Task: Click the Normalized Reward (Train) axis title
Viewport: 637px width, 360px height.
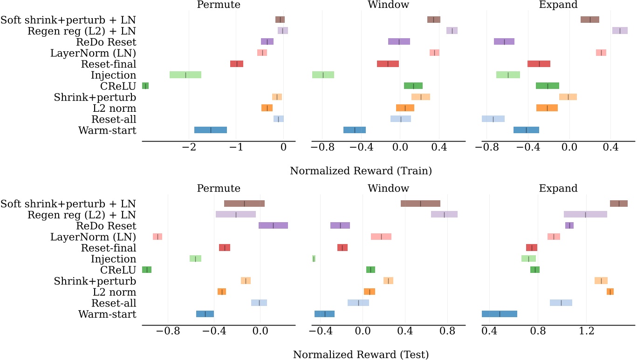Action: tap(361, 171)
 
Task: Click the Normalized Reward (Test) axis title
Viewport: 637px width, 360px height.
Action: tap(361, 354)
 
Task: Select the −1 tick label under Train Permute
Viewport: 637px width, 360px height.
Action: tap(236, 149)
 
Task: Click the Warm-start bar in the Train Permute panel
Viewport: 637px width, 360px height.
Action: tap(211, 130)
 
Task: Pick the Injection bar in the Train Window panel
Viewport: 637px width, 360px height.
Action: tap(323, 75)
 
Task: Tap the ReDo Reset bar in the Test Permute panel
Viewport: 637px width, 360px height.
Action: tap(273, 225)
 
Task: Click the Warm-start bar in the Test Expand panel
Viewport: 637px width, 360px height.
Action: tap(500, 314)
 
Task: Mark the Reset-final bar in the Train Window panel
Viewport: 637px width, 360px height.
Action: tap(388, 64)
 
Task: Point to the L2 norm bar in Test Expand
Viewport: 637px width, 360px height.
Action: tap(610, 292)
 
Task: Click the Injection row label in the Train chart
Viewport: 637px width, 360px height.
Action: tap(114, 75)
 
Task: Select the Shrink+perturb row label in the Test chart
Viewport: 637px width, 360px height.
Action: tap(95, 281)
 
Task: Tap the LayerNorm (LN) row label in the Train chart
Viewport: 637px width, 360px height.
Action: tap(93, 53)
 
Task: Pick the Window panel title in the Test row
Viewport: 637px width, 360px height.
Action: tap(388, 189)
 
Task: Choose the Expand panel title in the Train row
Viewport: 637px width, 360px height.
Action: tap(558, 5)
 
